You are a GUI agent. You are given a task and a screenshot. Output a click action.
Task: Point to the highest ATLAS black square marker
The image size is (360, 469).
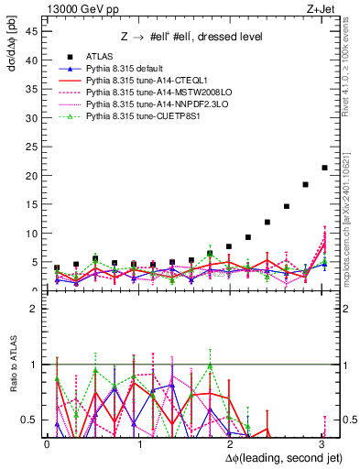pyautogui.click(x=324, y=168)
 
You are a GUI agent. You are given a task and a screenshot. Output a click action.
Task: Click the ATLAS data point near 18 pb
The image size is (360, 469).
pyautogui.click(x=305, y=185)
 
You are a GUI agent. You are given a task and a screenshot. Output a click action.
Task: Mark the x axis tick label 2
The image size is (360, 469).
pyautogui.click(x=229, y=444)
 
